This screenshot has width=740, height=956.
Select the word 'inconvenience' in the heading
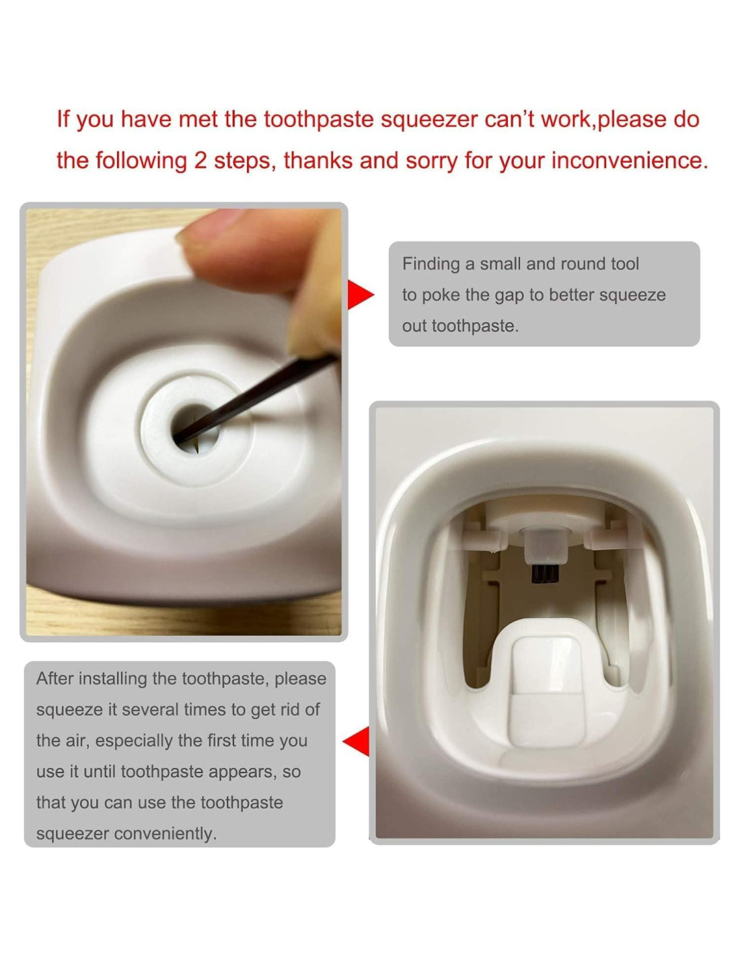click(630, 160)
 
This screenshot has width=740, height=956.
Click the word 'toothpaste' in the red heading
click(319, 120)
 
